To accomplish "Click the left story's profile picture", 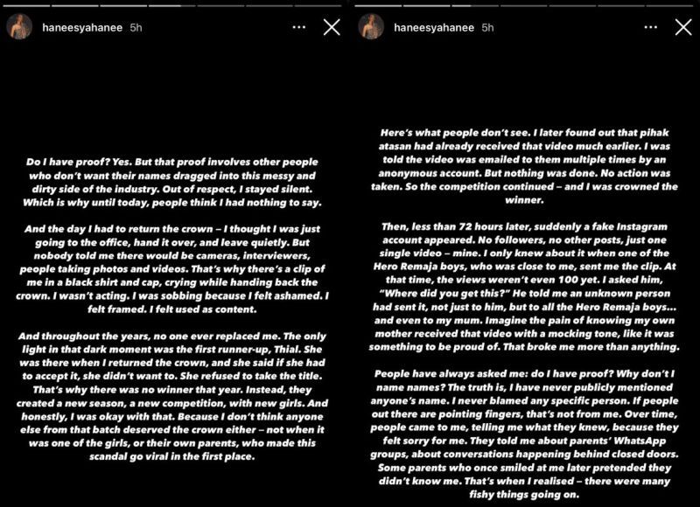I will coord(20,27).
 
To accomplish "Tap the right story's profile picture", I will coord(370,27).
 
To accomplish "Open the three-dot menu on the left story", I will coord(298,28).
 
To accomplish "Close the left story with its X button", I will coord(332,28).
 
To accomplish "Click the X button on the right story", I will coord(682,28).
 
